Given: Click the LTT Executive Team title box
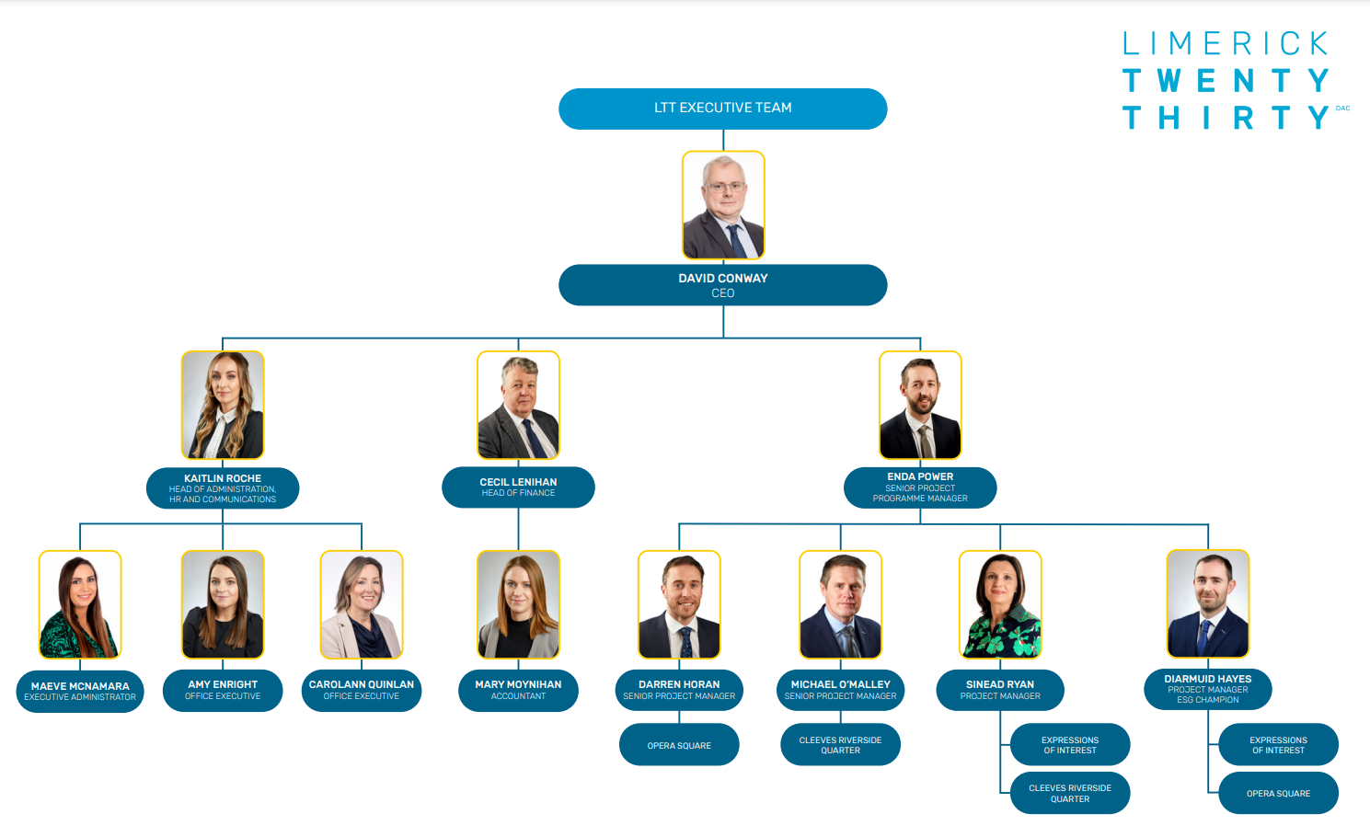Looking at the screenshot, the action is (x=723, y=109).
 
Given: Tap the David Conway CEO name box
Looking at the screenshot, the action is (x=723, y=285).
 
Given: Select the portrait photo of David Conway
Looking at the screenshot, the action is (x=723, y=205).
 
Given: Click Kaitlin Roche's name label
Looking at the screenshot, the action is (x=223, y=487).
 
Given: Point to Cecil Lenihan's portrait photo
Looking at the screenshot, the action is (x=518, y=405).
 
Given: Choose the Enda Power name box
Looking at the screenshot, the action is (x=920, y=487).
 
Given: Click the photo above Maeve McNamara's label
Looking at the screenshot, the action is (x=80, y=604).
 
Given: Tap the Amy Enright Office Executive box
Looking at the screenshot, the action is (x=223, y=690).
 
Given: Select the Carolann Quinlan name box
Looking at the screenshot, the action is (x=362, y=690).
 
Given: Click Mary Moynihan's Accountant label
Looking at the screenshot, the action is (x=518, y=690).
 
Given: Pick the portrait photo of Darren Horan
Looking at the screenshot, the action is (x=679, y=604).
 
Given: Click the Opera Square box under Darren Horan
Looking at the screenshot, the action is (x=679, y=745).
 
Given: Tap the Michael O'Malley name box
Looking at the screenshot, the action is (x=840, y=690).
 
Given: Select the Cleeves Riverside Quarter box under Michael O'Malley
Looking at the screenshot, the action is (x=840, y=745).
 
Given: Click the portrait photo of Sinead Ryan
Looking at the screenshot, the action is (x=1000, y=604).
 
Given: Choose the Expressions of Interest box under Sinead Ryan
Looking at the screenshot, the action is (x=1070, y=745).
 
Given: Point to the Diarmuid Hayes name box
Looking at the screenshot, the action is (x=1208, y=689).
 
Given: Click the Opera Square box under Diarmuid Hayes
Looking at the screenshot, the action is (x=1278, y=793).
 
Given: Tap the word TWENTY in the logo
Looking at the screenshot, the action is (x=1226, y=81).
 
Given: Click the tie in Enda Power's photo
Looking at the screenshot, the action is (x=925, y=441).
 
